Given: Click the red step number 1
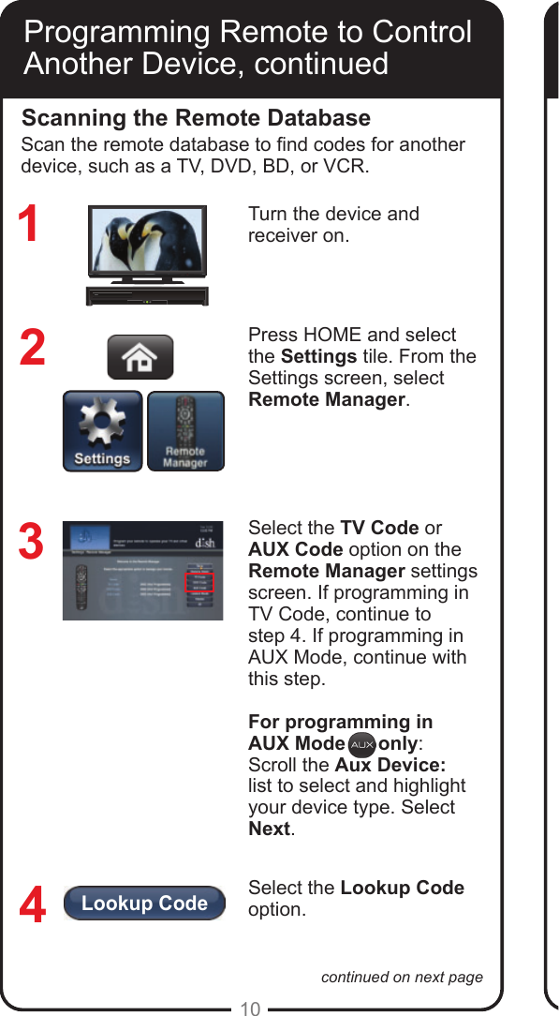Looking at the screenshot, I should (x=30, y=226).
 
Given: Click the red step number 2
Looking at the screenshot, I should (x=32, y=348).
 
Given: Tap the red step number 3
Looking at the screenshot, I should (x=31, y=543).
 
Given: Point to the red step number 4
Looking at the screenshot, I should (x=32, y=905).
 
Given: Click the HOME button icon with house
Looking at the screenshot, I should (x=140, y=357).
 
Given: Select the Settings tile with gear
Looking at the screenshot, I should (x=102, y=430).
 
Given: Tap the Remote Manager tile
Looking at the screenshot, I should (x=185, y=430).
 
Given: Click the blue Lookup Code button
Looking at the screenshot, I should (x=144, y=904).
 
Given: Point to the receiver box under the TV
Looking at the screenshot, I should (x=147, y=295).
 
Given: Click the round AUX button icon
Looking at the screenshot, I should (x=361, y=745).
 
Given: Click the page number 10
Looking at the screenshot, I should (x=249, y=1009).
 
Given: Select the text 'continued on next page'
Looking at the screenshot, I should (x=402, y=977).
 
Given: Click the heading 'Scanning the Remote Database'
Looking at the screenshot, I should (x=196, y=118).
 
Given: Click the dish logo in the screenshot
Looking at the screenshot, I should (x=203, y=542).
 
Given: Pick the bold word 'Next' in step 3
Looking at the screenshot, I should (x=270, y=829).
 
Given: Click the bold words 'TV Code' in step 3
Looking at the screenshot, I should (x=378, y=528).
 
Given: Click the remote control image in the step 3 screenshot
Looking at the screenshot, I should (x=81, y=588).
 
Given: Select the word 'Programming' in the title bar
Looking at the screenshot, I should (x=116, y=32).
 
